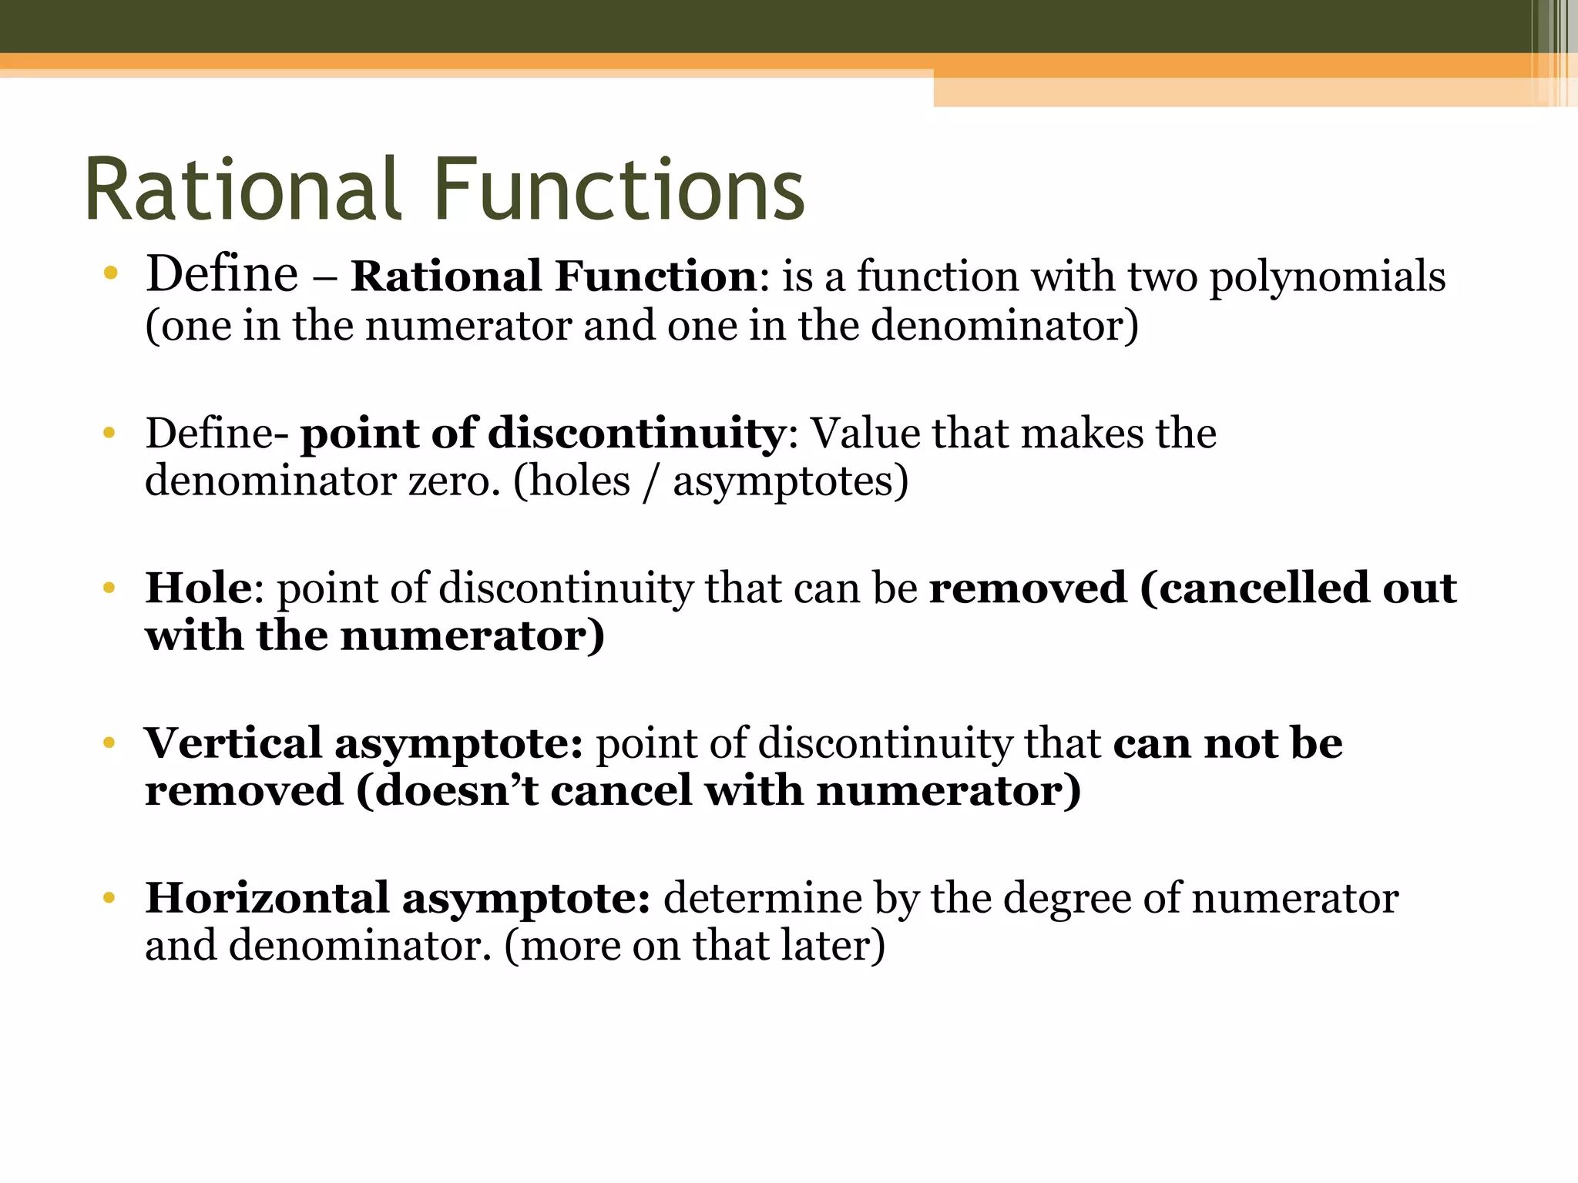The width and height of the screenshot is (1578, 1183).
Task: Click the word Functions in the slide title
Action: coord(619,189)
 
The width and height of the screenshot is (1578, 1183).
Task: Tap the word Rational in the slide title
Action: coord(243,189)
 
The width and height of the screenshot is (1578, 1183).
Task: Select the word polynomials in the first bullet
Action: coord(1327,277)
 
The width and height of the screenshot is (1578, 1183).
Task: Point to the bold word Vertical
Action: coord(233,743)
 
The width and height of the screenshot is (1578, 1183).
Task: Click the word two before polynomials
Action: coord(1163,277)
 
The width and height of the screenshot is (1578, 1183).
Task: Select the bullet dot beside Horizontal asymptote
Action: coord(109,898)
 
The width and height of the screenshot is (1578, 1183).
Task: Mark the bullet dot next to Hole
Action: coord(109,589)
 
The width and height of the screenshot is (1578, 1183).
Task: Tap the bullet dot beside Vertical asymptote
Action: coord(109,743)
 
